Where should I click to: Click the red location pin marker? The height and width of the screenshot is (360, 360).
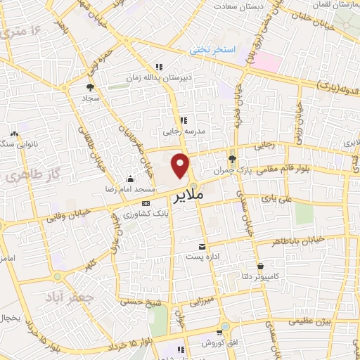(x=181, y=166)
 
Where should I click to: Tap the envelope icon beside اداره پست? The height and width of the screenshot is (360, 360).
(x=202, y=246)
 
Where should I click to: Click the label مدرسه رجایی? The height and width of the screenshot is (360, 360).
(x=182, y=131)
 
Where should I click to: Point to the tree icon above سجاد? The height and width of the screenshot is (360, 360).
(x=90, y=88)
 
